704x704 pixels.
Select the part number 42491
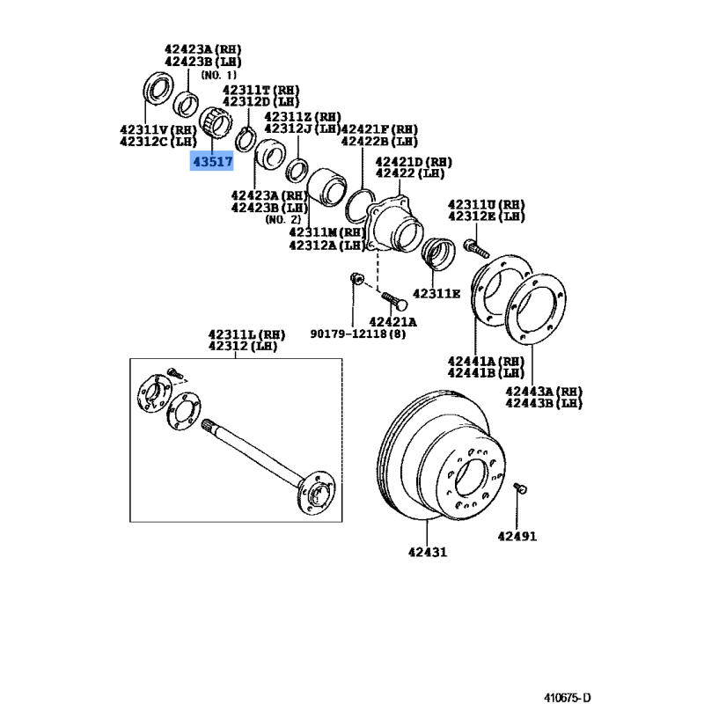click(517, 535)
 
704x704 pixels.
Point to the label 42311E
click(436, 293)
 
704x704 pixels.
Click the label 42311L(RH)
click(246, 334)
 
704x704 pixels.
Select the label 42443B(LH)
click(544, 403)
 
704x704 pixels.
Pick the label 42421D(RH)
click(413, 162)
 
